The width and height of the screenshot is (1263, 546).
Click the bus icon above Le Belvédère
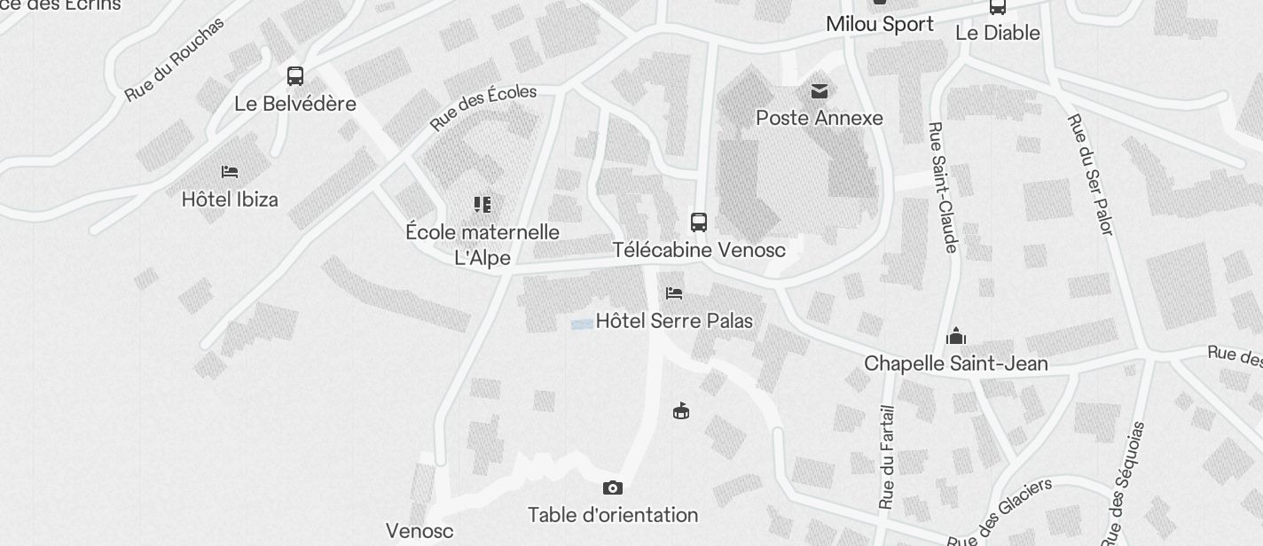(x=295, y=76)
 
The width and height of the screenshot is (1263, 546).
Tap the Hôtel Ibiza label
(x=230, y=199)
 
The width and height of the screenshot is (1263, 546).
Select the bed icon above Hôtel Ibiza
(x=230, y=171)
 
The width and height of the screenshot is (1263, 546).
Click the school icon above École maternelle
(x=482, y=205)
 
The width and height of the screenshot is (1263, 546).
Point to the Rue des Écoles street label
(x=483, y=107)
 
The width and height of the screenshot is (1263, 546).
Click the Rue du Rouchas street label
(x=174, y=58)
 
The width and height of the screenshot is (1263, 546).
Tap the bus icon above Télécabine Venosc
(x=699, y=222)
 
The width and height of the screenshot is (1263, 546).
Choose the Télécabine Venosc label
(x=699, y=250)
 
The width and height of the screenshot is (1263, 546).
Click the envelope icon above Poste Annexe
(x=819, y=90)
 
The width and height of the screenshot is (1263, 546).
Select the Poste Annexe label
(x=819, y=118)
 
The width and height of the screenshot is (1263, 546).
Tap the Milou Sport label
(x=879, y=24)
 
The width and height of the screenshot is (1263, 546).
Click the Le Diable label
(x=997, y=33)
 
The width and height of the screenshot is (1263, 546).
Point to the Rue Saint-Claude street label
(x=942, y=187)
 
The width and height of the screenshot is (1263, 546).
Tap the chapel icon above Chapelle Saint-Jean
(x=955, y=336)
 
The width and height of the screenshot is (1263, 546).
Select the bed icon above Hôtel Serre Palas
(x=674, y=292)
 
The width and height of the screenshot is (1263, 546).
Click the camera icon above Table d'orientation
(x=612, y=487)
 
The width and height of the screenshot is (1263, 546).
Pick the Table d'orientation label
(x=613, y=515)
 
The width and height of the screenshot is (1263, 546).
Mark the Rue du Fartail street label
(x=887, y=457)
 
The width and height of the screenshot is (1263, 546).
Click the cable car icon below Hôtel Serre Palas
(x=681, y=410)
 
